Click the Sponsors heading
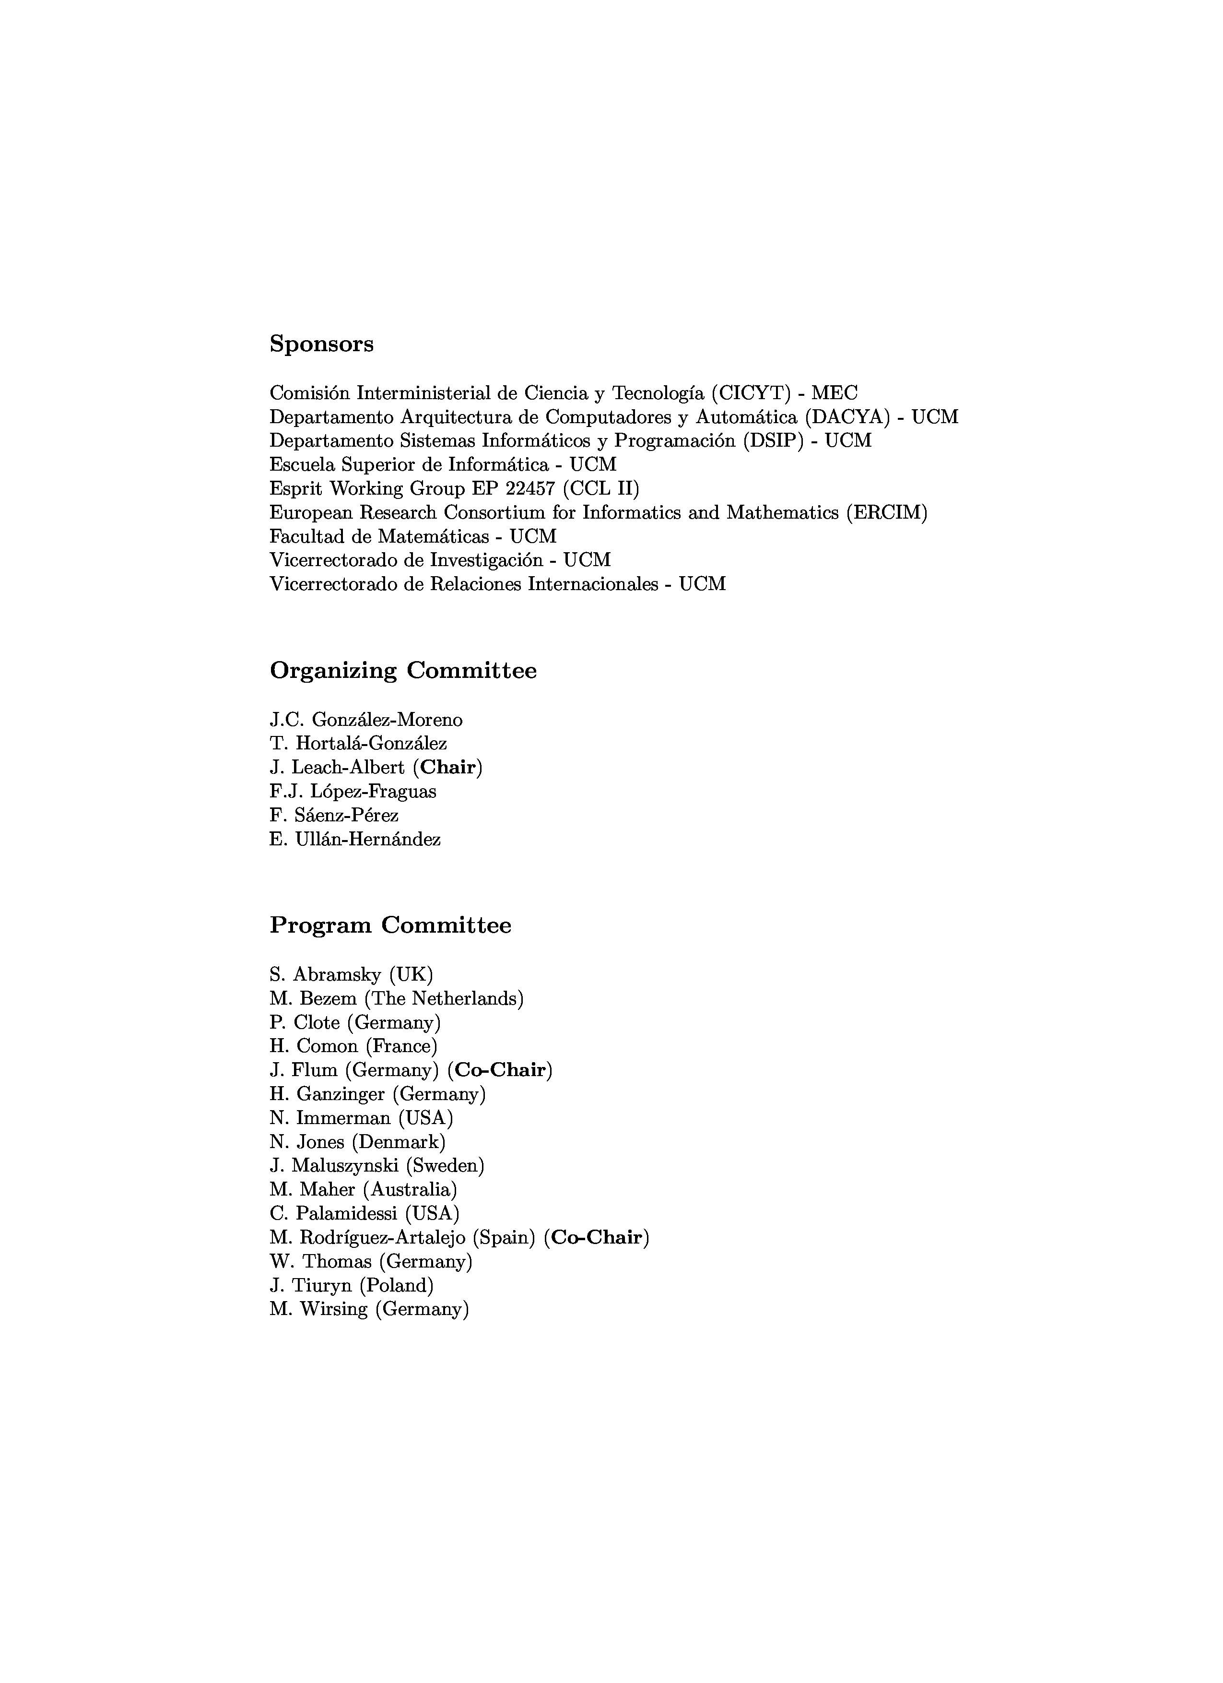point(321,344)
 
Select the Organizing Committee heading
point(403,671)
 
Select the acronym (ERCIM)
point(886,513)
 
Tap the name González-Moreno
point(387,720)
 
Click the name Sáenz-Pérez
point(346,816)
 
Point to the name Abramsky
point(337,974)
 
